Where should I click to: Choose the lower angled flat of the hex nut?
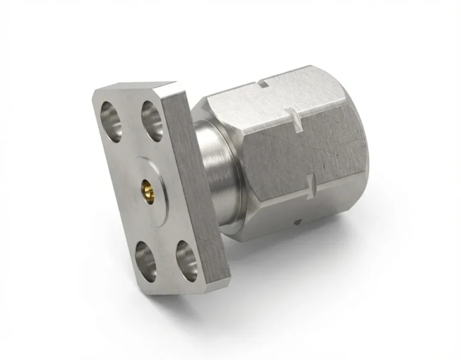coord(312,213)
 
